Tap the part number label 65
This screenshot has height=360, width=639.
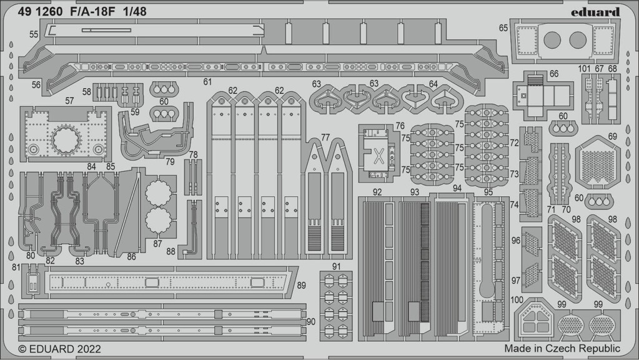click(503, 27)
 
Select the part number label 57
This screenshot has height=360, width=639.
click(69, 101)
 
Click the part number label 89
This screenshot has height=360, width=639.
click(301, 286)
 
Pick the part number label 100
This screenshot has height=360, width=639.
click(517, 300)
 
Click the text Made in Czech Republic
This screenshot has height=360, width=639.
click(562, 349)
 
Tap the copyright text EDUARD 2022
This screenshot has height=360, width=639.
click(60, 349)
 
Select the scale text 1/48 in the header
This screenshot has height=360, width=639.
click(136, 12)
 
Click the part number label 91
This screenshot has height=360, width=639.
click(336, 267)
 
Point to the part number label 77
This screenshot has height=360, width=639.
click(325, 137)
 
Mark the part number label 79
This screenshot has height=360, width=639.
click(170, 162)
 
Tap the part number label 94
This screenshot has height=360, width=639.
click(457, 188)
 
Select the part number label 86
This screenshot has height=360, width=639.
click(131, 257)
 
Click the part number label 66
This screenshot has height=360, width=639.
click(553, 74)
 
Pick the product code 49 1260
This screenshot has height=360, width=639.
click(40, 12)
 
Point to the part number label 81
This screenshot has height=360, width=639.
click(16, 267)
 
